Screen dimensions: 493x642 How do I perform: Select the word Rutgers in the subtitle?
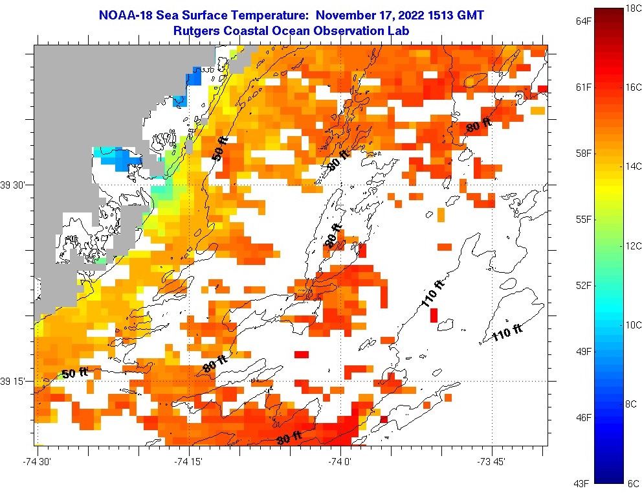coord(197,30)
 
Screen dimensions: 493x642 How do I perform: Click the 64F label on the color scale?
coord(584,21)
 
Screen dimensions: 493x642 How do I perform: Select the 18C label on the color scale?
coord(632,8)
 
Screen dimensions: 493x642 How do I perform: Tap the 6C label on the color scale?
coord(632,483)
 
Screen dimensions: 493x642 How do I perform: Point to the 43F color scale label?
coord(584,483)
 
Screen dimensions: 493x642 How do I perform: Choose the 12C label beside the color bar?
coord(632,246)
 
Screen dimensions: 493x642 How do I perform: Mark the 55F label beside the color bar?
coord(584,219)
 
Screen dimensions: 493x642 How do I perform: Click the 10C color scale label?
coord(632,325)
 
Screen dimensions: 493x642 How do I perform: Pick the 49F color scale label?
coord(584,351)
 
